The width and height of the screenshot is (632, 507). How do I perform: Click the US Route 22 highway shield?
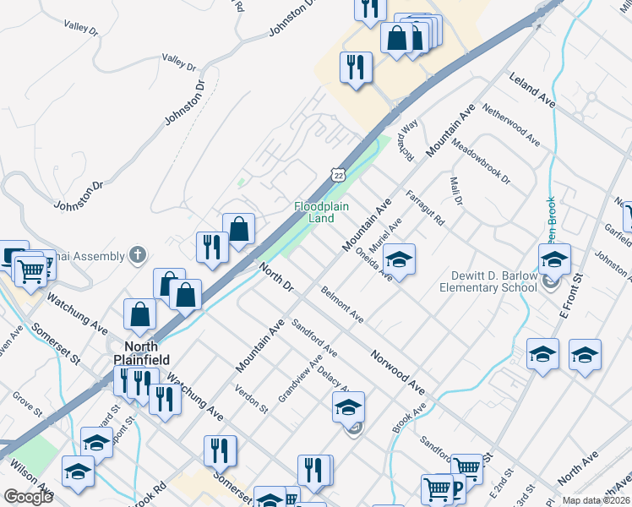tap(339, 174)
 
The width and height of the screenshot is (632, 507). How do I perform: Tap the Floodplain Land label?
tap(321, 212)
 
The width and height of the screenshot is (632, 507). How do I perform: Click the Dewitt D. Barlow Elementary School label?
tap(488, 281)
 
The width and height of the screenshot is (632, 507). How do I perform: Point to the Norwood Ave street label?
tap(396, 373)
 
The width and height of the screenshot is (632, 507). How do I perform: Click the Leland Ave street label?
tap(531, 89)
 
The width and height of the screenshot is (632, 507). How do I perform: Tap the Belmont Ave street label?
tap(342, 305)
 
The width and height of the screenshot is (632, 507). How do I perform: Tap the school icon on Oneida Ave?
tap(400, 257)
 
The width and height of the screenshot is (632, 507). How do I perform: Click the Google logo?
tap(27, 497)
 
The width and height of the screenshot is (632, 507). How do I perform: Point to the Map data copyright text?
tap(596, 500)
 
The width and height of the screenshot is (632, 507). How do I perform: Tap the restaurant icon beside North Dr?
tap(210, 246)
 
